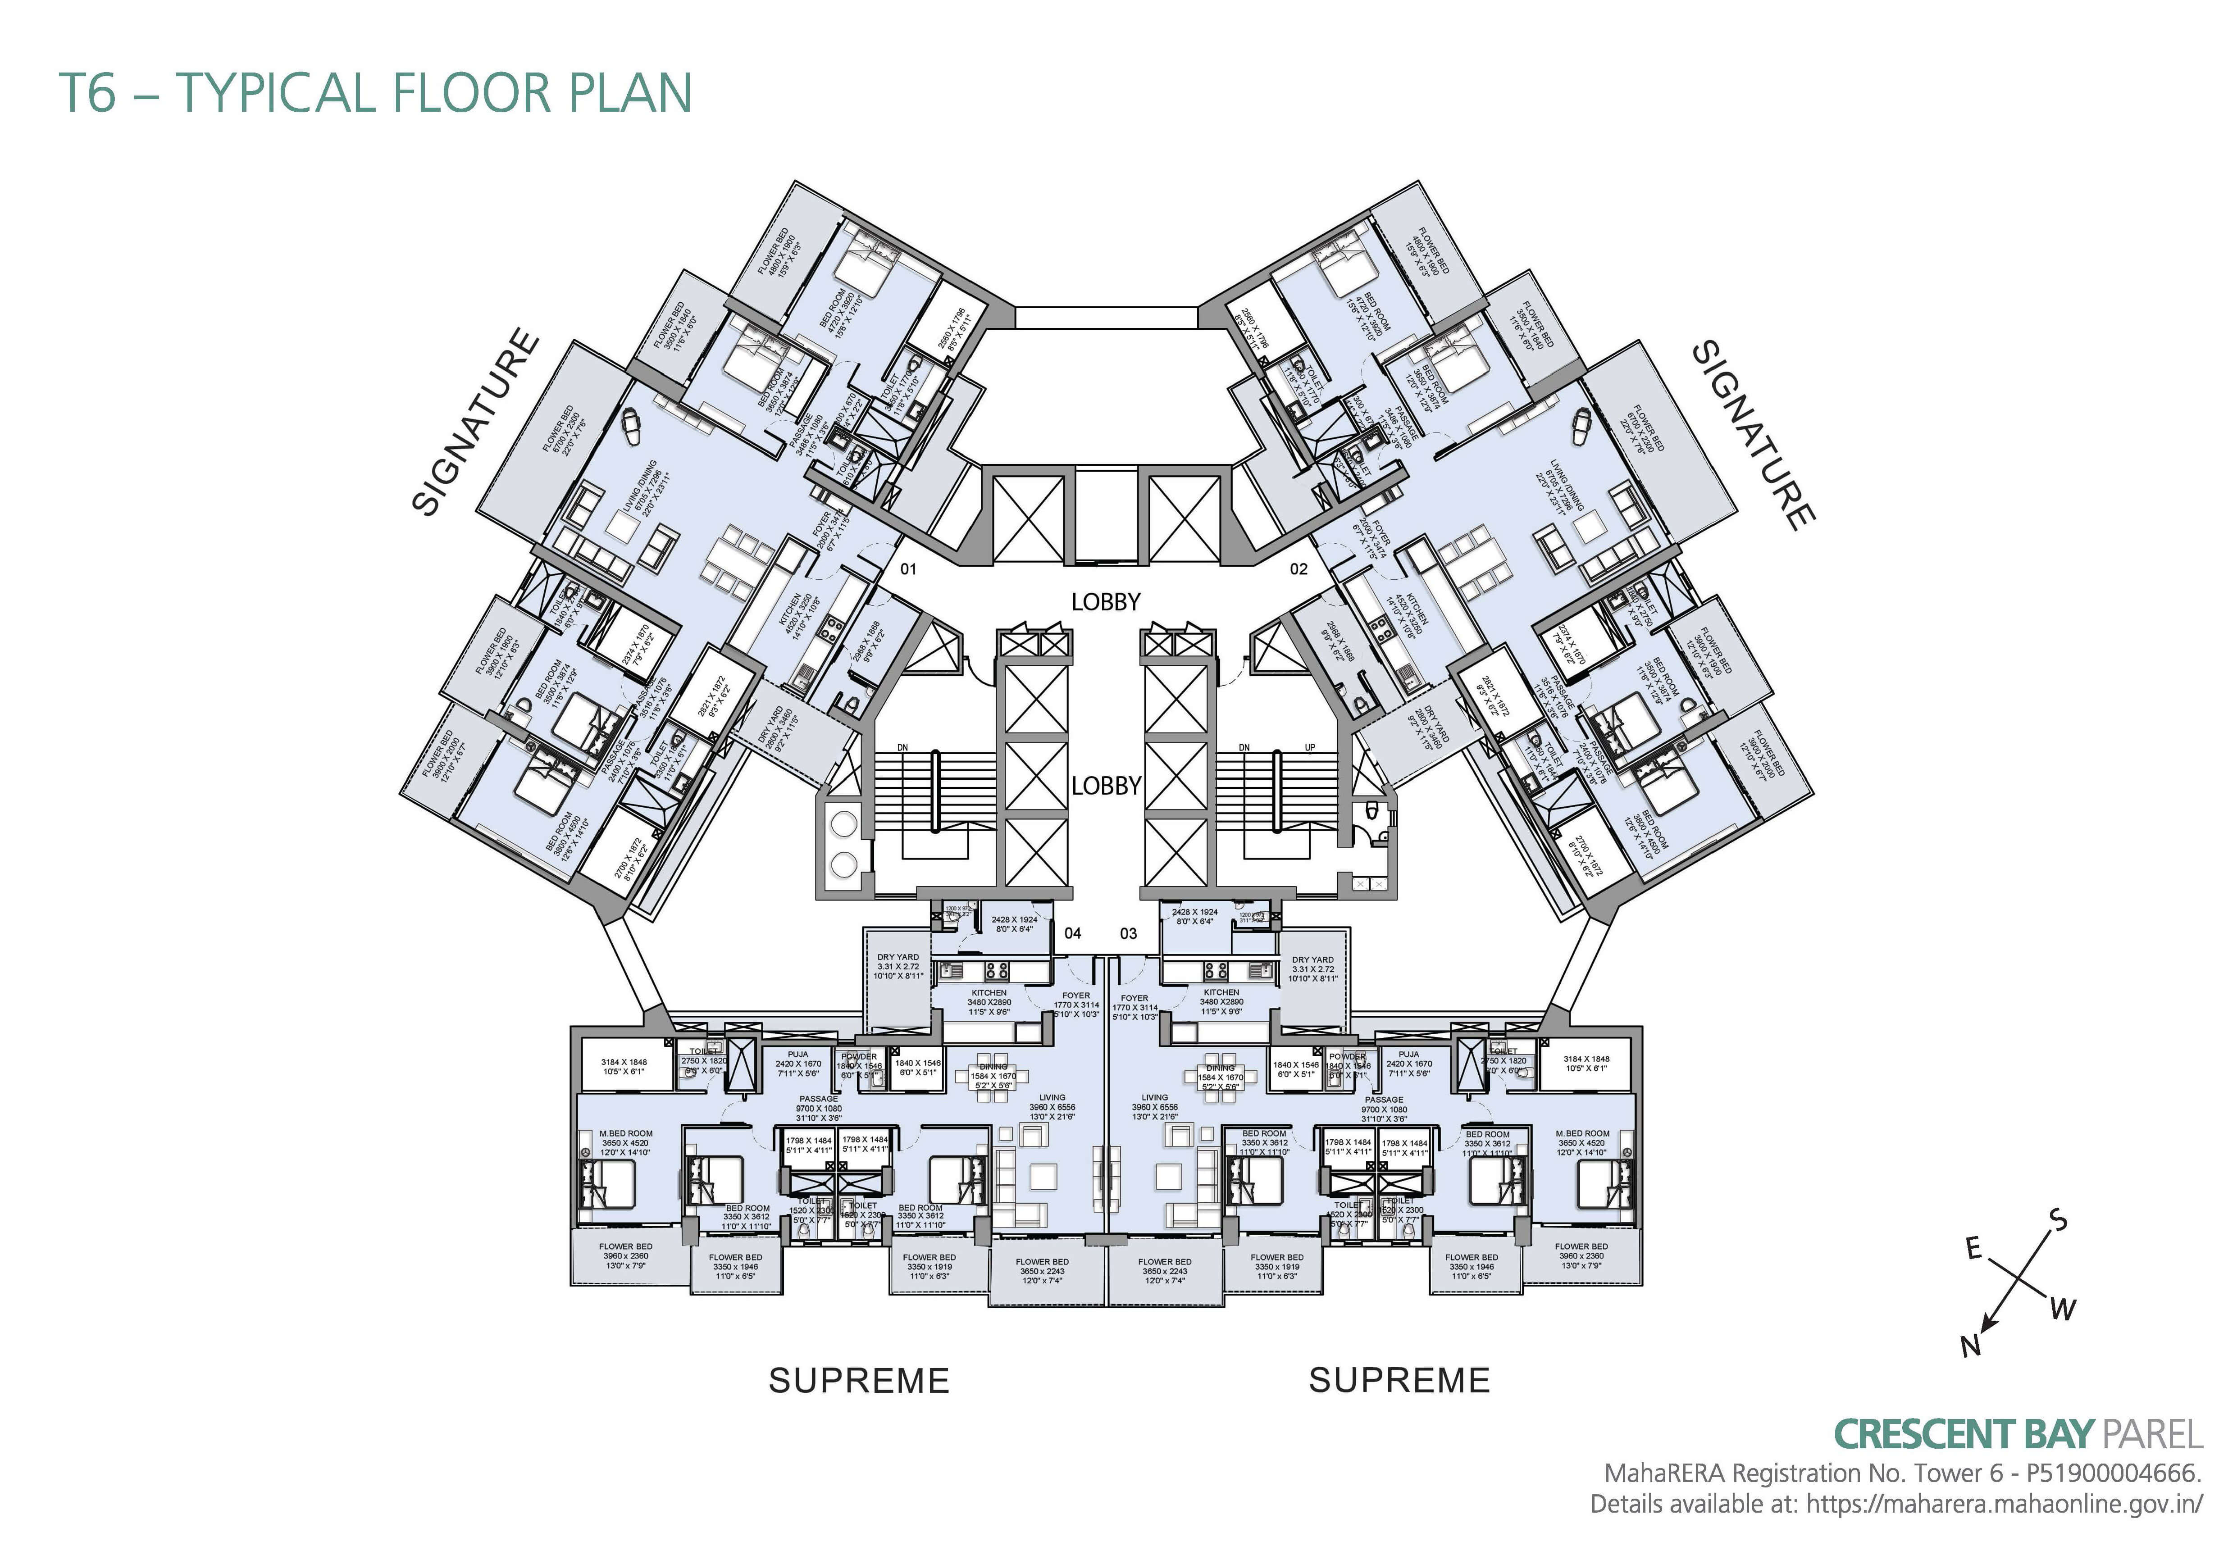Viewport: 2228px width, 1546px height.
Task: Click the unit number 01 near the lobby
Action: [x=908, y=568]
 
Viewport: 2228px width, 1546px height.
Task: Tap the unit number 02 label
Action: [x=1298, y=568]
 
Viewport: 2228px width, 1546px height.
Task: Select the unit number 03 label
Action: [x=1129, y=934]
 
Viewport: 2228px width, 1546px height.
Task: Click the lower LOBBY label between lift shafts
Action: [x=1105, y=786]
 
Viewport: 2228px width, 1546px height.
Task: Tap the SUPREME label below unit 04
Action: [x=858, y=1380]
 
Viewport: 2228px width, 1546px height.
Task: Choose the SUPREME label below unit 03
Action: [x=1399, y=1380]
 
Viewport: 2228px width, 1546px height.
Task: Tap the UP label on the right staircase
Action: [x=1310, y=748]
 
